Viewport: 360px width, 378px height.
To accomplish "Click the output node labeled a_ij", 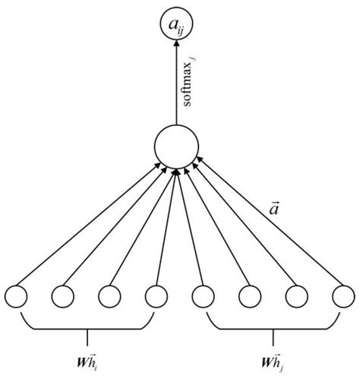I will [x=175, y=27].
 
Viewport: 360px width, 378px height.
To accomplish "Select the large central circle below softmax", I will [x=175, y=147].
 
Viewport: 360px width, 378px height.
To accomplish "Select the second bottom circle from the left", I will [x=64, y=294].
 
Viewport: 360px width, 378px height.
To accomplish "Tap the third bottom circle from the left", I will [x=109, y=294].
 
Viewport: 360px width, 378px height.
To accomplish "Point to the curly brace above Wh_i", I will [x=88, y=328].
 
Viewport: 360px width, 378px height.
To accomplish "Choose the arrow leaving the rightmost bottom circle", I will [x=266, y=228].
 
